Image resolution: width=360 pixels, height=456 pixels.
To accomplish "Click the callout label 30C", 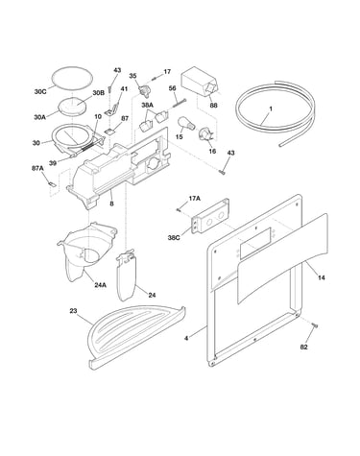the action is click(40, 91).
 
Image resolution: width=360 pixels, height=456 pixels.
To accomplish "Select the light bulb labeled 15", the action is click(186, 123).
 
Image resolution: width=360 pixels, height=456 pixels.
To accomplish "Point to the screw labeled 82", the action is click(315, 325).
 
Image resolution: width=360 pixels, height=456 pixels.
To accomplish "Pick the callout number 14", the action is click(322, 277).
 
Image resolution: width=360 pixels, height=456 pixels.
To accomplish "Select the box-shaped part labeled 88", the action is click(201, 83).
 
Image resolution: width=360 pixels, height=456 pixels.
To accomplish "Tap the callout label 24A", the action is click(100, 284).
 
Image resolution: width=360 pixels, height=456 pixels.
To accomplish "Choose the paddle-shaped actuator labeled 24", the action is click(128, 276).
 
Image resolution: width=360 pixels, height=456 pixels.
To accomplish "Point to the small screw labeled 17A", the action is click(179, 209).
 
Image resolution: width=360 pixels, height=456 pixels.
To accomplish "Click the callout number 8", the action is click(111, 203).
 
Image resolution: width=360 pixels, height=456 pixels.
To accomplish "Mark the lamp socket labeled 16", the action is click(205, 134).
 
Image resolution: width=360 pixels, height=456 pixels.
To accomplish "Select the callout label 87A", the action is click(37, 168).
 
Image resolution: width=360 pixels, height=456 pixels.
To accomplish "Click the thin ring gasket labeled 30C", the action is click(72, 77).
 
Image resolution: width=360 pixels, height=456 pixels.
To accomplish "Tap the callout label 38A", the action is click(148, 105).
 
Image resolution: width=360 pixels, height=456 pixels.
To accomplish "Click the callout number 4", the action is click(186, 338).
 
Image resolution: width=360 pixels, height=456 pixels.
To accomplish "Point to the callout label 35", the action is click(132, 76).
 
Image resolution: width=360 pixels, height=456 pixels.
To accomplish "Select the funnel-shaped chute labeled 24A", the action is click(86, 252).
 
